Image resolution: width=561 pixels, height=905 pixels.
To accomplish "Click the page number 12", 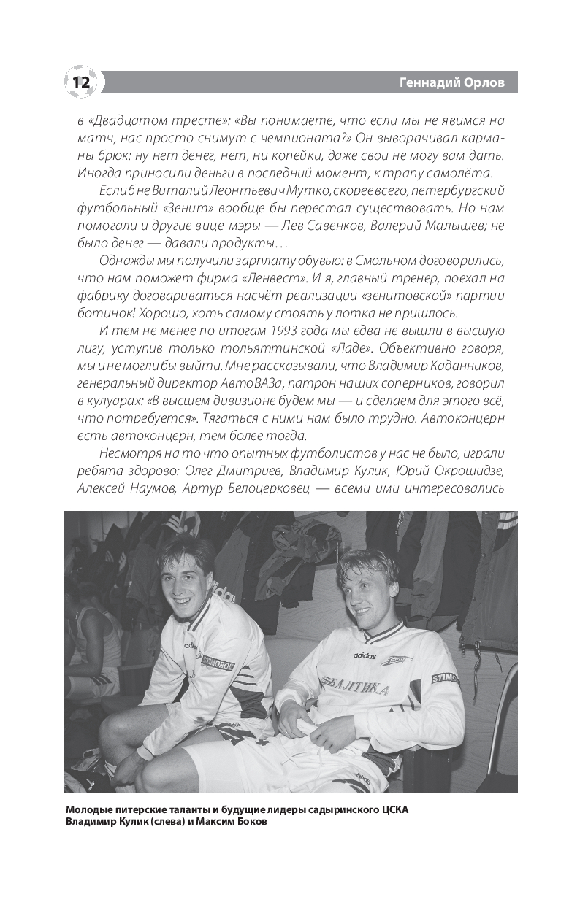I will tap(80, 82).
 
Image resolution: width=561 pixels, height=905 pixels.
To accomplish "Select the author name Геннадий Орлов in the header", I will tap(458, 82).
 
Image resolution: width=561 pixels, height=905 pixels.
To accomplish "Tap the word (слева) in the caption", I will tap(150, 823).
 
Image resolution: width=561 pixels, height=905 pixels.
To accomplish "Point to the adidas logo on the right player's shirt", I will tap(365, 655).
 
